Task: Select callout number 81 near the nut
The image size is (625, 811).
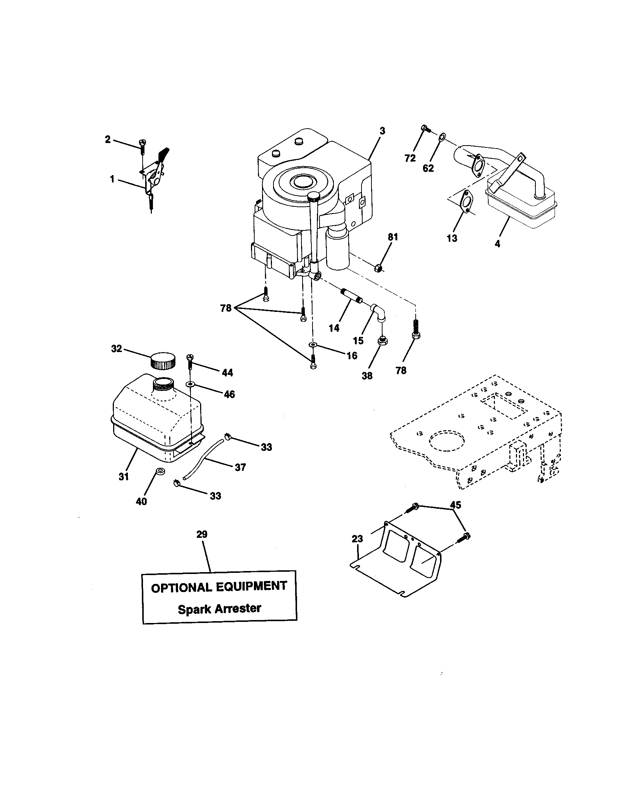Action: point(393,237)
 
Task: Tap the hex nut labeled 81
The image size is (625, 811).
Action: point(379,267)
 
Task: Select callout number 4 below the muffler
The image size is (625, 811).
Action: point(497,244)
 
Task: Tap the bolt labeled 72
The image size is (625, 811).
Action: point(425,129)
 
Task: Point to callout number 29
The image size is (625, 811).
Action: point(202,535)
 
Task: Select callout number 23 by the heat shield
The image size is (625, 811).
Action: point(357,539)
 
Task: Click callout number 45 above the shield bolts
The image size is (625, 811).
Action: point(455,505)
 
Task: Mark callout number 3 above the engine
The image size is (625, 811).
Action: point(382,131)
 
